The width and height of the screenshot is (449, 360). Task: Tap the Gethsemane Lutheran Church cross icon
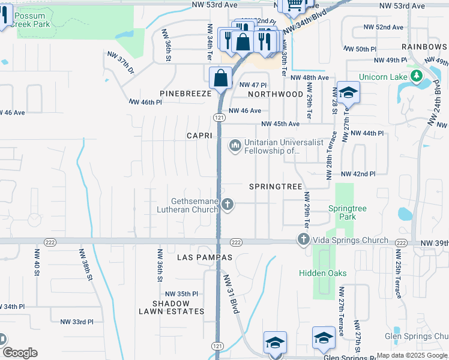tap(227, 205)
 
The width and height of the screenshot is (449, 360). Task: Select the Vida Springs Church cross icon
tap(303, 240)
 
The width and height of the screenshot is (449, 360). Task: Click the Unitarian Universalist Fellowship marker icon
tap(235, 145)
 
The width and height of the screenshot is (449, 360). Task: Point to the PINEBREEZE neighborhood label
tap(185, 94)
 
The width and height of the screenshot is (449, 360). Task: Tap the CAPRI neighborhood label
tap(199, 136)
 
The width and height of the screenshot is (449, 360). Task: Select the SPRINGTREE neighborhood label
tap(276, 187)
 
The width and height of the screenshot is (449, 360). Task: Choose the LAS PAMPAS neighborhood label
tap(205, 257)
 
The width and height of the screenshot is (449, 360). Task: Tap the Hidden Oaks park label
tap(323, 273)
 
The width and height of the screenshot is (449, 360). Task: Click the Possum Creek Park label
tap(33, 19)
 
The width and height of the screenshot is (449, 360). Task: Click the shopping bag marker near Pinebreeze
tap(221, 77)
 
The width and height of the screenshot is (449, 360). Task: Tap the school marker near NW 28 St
tap(348, 92)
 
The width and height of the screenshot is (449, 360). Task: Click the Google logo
tap(20, 353)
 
